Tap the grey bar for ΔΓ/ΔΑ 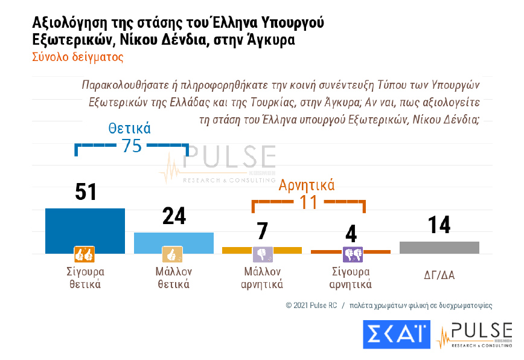click(x=439, y=248)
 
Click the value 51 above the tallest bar click(x=86, y=192)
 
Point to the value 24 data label click(x=174, y=216)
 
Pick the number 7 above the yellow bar click(x=262, y=231)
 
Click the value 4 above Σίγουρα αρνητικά click(x=351, y=234)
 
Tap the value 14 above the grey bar click(x=439, y=225)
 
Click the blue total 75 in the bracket click(x=132, y=146)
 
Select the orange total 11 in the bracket click(x=308, y=202)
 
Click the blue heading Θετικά click(x=130, y=128)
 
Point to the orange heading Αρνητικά click(x=307, y=185)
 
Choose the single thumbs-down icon click(x=262, y=254)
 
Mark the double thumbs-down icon click(x=352, y=254)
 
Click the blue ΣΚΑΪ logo click(x=397, y=335)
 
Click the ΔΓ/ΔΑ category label click(x=439, y=275)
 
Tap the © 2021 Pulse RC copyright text click(x=320, y=306)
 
